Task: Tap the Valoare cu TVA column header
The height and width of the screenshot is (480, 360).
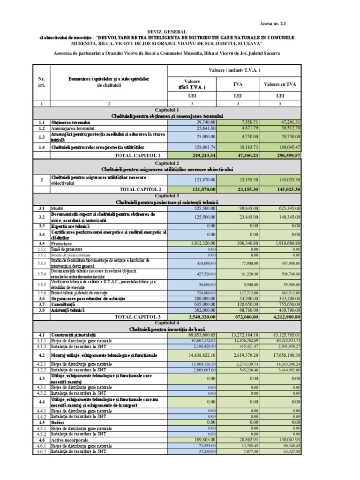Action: (280, 85)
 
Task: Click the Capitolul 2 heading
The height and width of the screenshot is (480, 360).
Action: (167, 162)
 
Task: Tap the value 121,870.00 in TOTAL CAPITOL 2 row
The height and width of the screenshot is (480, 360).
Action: (201, 189)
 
